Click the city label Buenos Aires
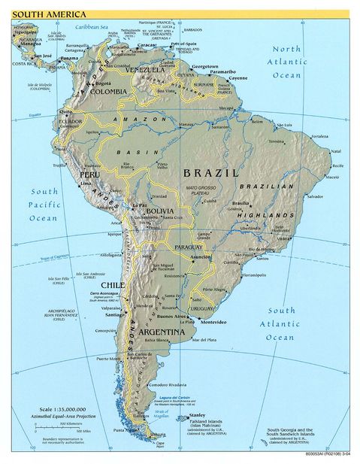click(x=180, y=317)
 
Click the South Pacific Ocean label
click(x=44, y=204)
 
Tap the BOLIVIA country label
click(x=159, y=211)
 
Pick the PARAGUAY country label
click(x=188, y=247)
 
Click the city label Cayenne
click(x=238, y=78)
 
